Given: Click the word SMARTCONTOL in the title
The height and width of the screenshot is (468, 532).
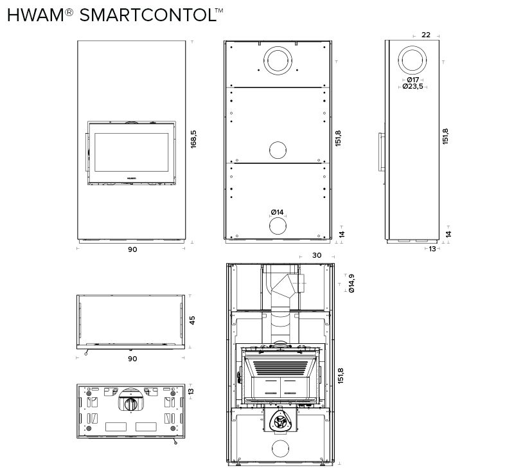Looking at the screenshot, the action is pos(148,15).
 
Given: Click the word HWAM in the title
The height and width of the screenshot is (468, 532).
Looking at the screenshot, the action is pos(35,15).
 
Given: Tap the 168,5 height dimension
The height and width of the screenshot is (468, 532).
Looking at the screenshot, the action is pos(193,139).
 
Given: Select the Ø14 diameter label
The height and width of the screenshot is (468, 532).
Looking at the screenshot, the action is pos(277,212).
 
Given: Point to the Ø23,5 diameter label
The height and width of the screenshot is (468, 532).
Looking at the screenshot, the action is pos(413,86).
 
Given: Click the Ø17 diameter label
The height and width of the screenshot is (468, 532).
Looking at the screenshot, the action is pos(413,80).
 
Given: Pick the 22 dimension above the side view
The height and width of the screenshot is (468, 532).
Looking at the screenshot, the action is pos(426,35).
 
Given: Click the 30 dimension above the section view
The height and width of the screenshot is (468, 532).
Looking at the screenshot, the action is pos(317,255).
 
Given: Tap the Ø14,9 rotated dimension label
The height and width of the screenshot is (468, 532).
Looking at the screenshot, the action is pos(351,283).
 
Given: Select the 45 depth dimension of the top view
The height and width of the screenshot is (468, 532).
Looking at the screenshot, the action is pos(192,320).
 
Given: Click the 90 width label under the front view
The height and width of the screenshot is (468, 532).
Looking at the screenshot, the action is pos(132,249).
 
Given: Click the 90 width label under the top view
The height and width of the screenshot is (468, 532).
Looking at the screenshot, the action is pos(132,359).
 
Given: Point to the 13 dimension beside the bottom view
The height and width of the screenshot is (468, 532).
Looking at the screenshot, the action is pos(191,391).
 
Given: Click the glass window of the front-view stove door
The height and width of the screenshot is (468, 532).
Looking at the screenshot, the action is pos(131,152).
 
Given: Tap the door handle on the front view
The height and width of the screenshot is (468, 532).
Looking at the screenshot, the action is pos(87,152).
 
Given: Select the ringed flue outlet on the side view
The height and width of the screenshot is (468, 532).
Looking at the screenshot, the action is pos(412,60).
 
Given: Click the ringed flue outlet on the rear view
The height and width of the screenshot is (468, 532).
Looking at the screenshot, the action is pos(278,61).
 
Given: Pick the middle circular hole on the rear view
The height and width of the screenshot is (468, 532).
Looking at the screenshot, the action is pos(278,150).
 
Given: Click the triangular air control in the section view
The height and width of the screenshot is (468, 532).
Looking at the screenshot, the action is pos(280,421).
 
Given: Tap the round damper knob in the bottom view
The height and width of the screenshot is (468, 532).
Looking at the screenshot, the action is pos(130,404).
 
